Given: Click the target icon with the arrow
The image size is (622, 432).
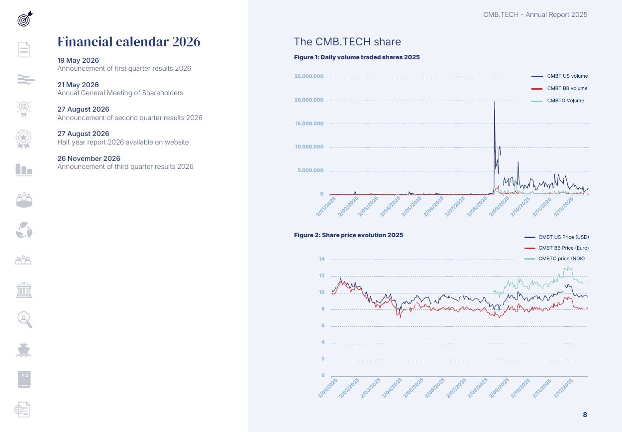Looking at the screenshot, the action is [x=25, y=19].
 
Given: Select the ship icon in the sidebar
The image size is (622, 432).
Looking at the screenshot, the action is [x=23, y=350].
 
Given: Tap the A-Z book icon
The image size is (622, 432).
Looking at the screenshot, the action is [x=24, y=379].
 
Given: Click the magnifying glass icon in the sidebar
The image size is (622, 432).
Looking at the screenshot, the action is [x=25, y=319].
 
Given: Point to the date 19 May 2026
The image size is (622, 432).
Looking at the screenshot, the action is [x=78, y=60].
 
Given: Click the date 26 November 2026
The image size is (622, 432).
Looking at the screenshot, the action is [x=89, y=158].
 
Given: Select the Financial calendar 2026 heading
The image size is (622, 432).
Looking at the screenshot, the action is [x=129, y=42].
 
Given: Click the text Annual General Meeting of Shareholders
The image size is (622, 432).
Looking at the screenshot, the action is [x=120, y=93].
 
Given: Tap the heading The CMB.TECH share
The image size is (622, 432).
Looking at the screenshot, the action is [x=347, y=42].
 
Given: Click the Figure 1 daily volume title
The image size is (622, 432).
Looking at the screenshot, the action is [x=357, y=57].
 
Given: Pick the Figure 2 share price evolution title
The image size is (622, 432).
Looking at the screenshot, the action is [x=348, y=235].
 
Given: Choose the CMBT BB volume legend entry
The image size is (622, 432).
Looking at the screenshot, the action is [x=559, y=88].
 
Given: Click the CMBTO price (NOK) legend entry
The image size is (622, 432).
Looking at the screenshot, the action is [x=554, y=259].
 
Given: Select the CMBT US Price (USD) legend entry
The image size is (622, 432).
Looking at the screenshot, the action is [x=556, y=237].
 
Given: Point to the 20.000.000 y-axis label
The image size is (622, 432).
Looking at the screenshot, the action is [x=309, y=100].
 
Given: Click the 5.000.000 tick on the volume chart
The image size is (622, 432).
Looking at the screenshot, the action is [x=311, y=170].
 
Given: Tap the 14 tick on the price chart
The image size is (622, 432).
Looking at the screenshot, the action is [x=321, y=259].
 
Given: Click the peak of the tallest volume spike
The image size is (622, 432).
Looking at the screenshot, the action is [x=494, y=102].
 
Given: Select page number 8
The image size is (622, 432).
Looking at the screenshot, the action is [x=585, y=415].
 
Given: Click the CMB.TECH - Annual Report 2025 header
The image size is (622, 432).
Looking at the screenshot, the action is [x=535, y=15].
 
